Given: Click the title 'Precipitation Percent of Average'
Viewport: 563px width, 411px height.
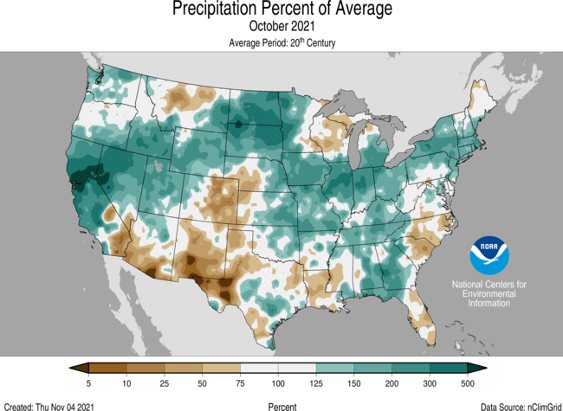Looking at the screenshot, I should point(281,10).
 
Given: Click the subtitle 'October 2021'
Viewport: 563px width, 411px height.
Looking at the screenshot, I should point(281,27).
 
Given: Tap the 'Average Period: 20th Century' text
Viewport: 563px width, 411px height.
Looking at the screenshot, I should point(281,42).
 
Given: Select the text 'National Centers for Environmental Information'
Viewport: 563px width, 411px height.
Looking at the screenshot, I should point(490,294).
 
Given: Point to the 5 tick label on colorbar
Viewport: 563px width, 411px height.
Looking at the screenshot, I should point(89,382).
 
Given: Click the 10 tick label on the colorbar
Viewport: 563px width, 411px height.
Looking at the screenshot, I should point(126,382).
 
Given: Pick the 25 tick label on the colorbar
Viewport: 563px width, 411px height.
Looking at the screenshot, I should point(165,382).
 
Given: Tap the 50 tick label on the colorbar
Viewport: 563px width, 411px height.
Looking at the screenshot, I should point(202,382).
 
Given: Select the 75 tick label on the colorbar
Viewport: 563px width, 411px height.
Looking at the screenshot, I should point(240,382).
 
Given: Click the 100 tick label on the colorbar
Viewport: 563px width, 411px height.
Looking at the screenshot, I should point(277,382).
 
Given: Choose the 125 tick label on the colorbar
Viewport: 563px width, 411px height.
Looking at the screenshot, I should point(315,382).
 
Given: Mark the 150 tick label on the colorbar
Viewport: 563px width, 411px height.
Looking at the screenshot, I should point(353,382).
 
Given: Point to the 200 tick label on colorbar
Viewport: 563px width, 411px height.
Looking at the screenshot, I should point(391,382).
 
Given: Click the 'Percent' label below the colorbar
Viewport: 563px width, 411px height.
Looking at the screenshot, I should point(281,406).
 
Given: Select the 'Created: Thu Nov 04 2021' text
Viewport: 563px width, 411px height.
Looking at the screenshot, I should point(49,406).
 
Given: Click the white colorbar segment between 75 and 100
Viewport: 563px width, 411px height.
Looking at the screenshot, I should point(258,368).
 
